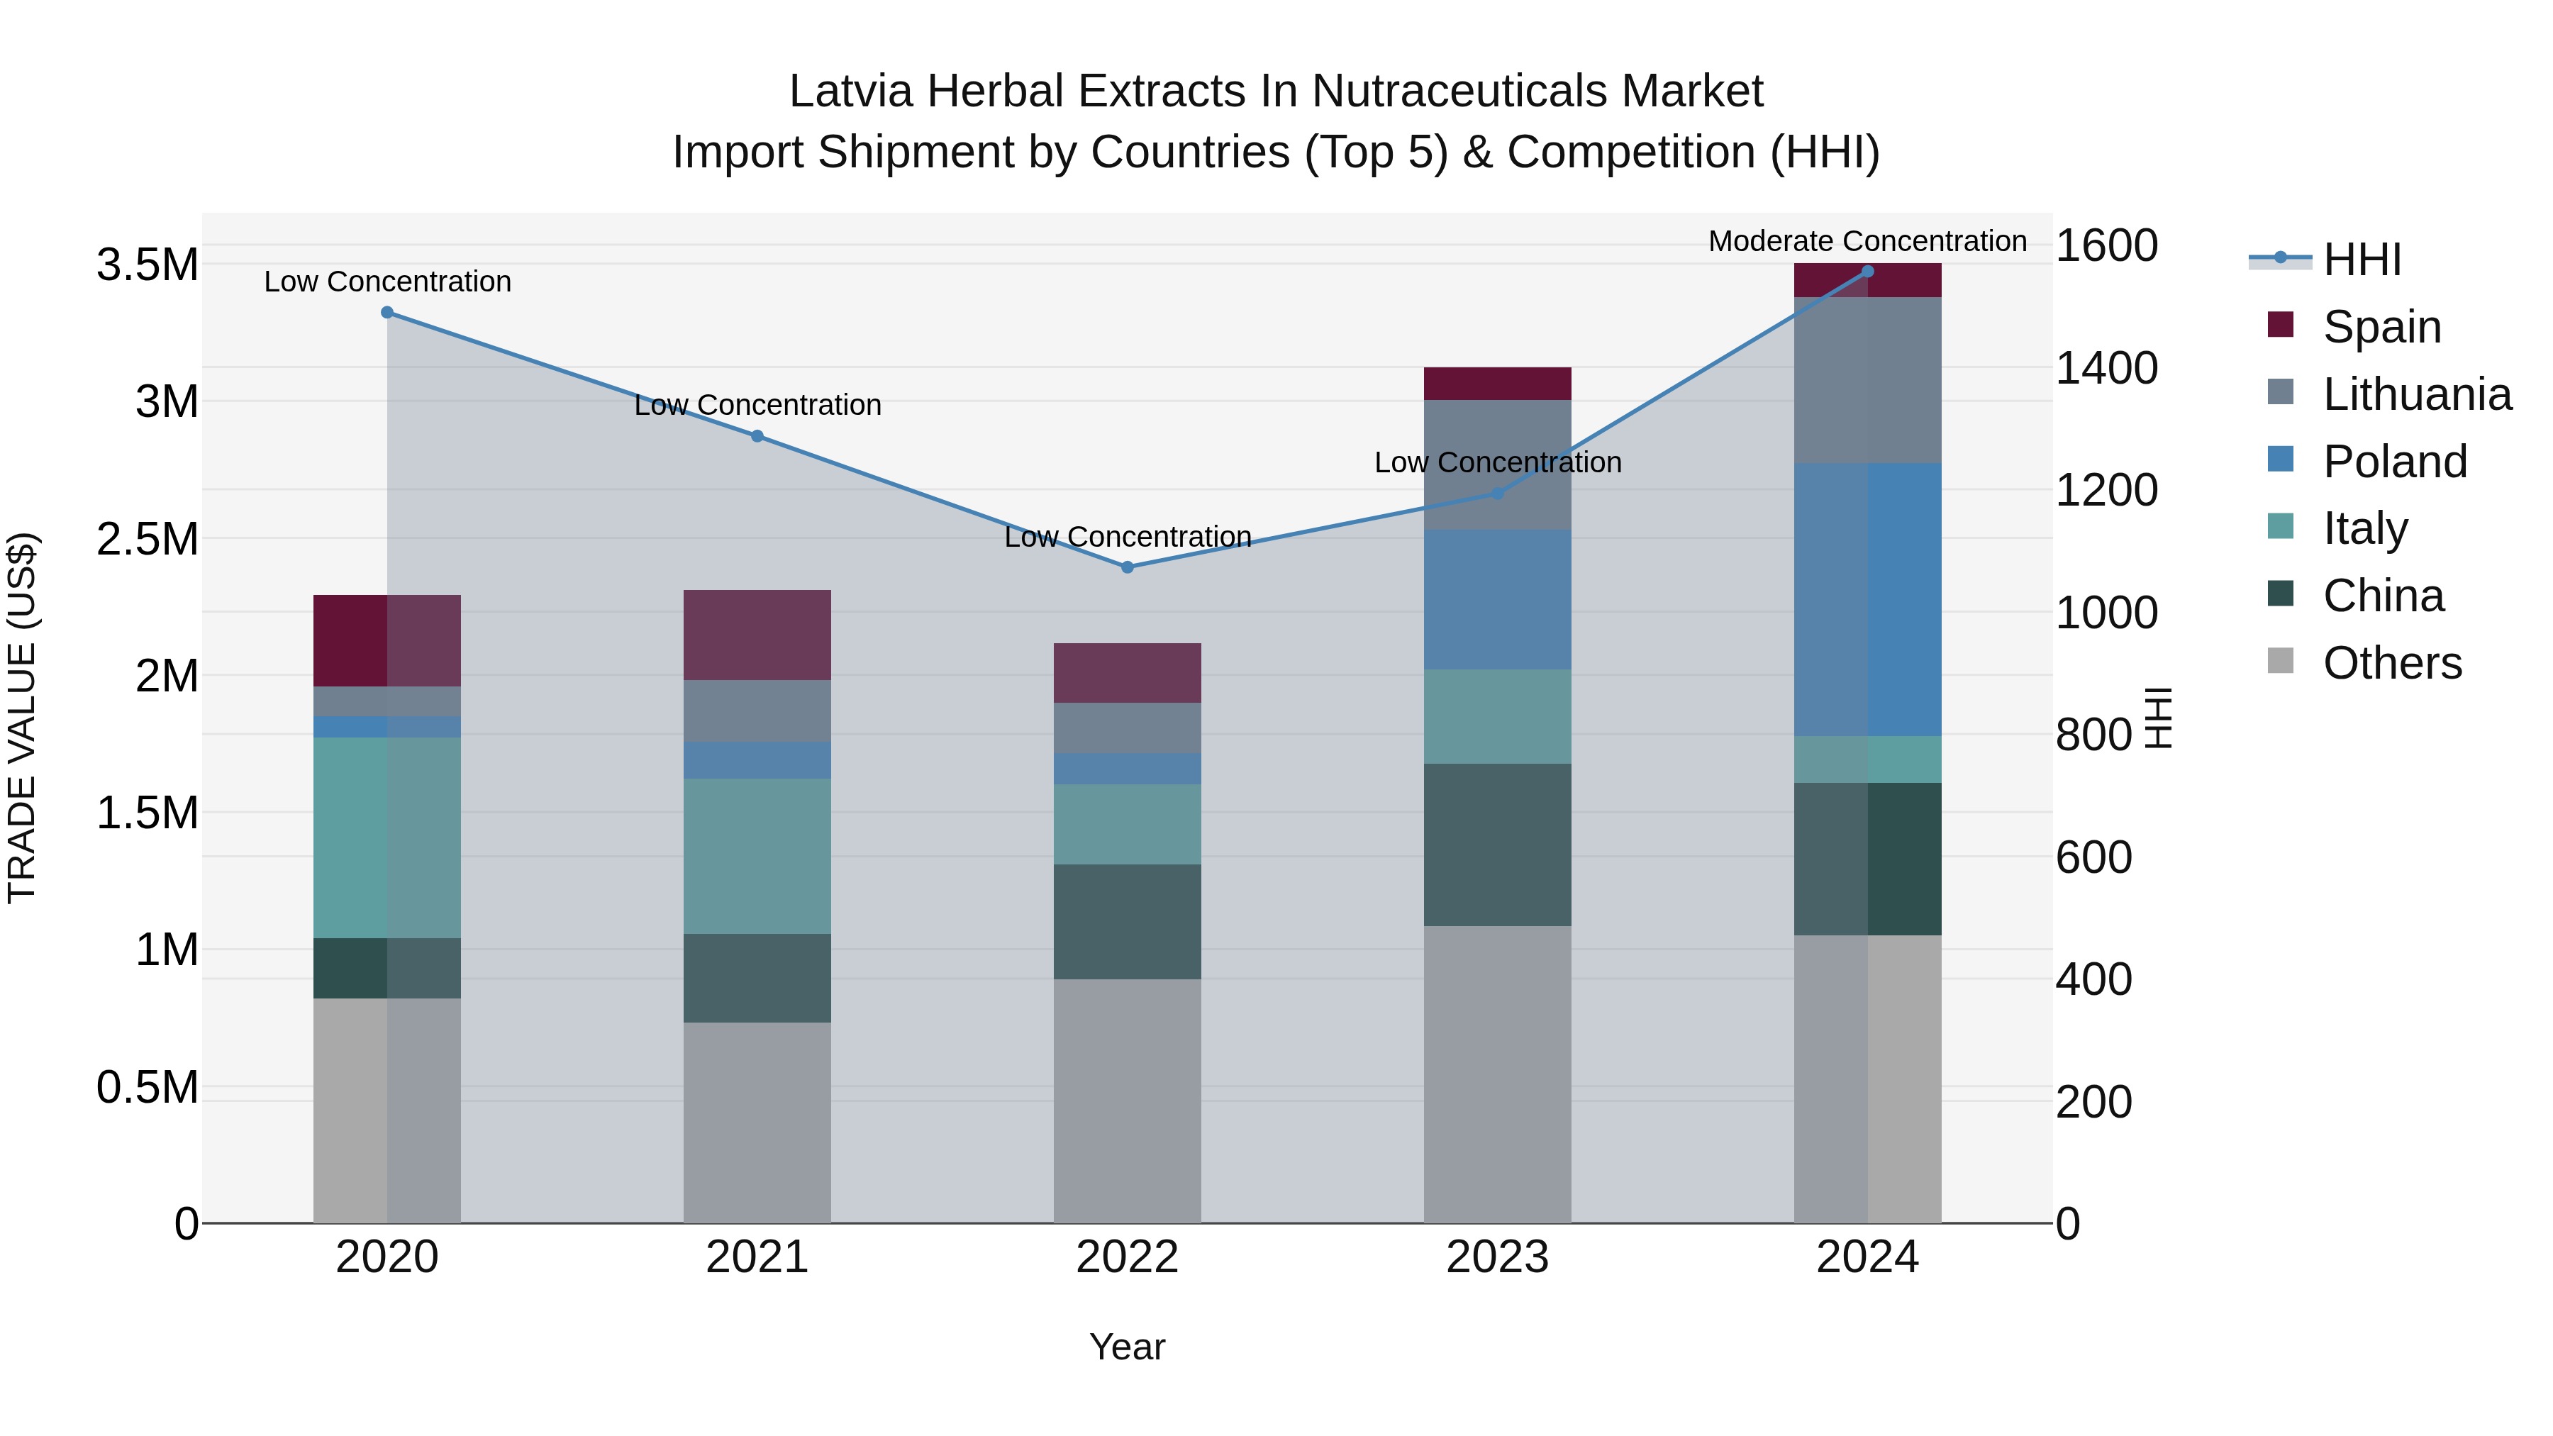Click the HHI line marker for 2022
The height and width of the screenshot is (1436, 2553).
1127,567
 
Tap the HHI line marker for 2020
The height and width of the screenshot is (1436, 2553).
387,312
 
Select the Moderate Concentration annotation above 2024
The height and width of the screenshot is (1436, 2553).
1867,241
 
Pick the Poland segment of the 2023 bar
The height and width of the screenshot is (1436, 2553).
1498,599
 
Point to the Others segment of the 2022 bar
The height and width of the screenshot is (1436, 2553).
1127,1100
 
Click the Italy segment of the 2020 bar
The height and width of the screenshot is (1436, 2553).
387,837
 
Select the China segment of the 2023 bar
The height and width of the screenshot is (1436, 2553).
1498,845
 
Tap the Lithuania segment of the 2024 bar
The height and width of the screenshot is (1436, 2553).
1867,379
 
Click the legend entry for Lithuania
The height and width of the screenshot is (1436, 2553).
2416,394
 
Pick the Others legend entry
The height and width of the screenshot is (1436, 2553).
2391,662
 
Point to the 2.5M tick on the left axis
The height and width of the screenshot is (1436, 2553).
147,539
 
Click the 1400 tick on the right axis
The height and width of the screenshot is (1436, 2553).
2106,367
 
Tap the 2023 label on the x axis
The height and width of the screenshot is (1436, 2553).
1498,1257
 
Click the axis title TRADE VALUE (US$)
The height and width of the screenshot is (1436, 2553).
22,718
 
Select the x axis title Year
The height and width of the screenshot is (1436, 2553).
1127,1347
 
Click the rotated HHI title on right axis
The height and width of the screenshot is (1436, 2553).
2157,718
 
